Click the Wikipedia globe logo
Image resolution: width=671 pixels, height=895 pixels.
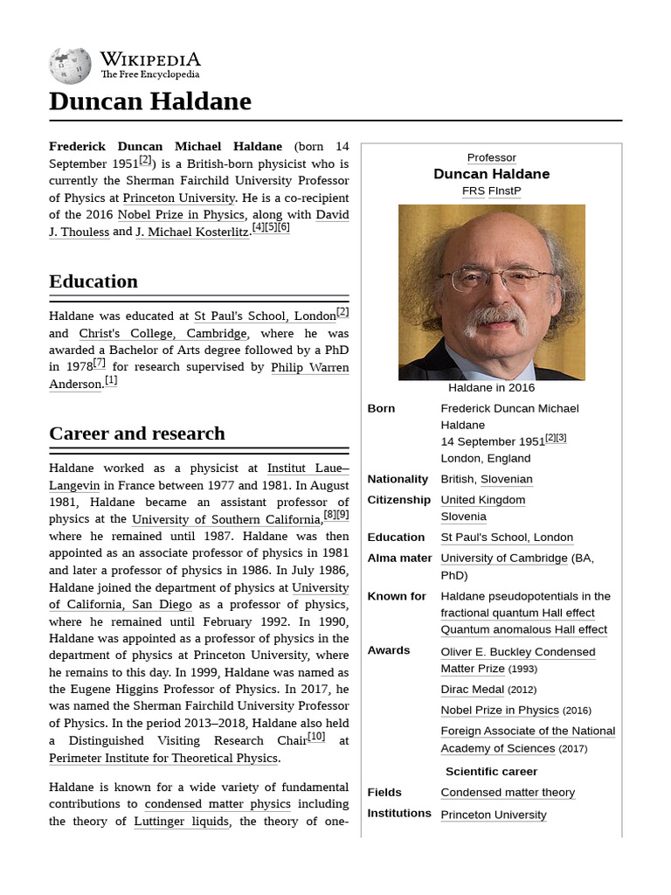pyautogui.click(x=70, y=66)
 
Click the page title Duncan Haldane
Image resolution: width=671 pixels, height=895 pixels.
pyautogui.click(x=149, y=101)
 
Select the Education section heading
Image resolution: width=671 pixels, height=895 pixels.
pyautogui.click(x=93, y=281)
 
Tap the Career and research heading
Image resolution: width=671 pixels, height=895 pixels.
pyautogui.click(x=137, y=434)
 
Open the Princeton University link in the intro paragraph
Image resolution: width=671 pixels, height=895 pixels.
pyautogui.click(x=179, y=198)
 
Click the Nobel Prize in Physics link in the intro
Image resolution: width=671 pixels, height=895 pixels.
pyautogui.click(x=182, y=215)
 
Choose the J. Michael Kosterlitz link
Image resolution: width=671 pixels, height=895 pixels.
pyautogui.click(x=192, y=232)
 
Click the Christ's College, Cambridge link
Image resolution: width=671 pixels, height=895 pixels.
pyautogui.click(x=163, y=334)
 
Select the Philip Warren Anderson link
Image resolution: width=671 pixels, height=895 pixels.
pyautogui.click(x=310, y=368)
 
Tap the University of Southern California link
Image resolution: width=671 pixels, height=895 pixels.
pyautogui.click(x=227, y=520)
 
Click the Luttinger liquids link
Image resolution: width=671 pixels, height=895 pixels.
pyautogui.click(x=182, y=822)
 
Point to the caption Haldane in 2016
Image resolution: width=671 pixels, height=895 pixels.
pyautogui.click(x=491, y=388)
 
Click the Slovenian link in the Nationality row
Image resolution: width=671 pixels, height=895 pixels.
pyautogui.click(x=506, y=479)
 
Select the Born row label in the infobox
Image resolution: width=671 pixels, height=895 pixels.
pyautogui.click(x=381, y=408)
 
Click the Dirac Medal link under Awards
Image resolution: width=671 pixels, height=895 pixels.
pyautogui.click(x=472, y=690)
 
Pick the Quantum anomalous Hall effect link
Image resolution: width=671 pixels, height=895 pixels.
pyautogui.click(x=523, y=630)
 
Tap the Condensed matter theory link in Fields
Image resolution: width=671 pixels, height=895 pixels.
pyautogui.click(x=508, y=793)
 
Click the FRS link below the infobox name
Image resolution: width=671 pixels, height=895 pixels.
pyautogui.click(x=473, y=191)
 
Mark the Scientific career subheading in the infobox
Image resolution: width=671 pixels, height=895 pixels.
pyautogui.click(x=491, y=772)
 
